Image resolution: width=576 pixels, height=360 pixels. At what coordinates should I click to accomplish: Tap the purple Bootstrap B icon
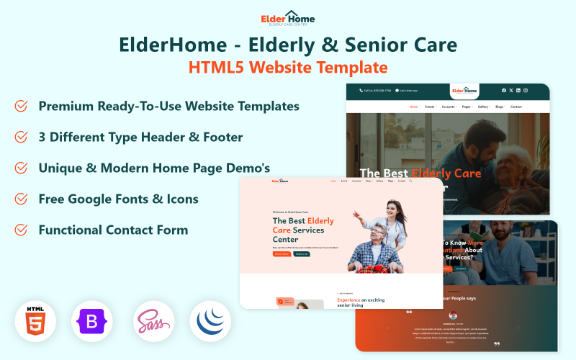[x=91, y=321]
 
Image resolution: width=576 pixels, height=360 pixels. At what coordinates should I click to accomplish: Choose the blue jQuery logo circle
[x=210, y=321]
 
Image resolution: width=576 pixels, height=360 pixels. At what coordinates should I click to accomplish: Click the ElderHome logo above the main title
[x=288, y=17]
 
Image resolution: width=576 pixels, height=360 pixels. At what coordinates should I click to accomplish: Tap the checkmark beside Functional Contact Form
[x=22, y=230]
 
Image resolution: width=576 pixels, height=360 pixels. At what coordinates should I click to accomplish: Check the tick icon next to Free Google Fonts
[x=22, y=199]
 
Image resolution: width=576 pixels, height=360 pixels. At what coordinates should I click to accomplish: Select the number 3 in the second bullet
[x=42, y=137]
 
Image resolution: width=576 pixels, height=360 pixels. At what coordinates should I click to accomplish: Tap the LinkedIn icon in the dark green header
[x=518, y=91]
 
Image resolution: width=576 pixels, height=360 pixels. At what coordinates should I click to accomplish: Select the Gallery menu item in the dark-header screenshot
[x=482, y=107]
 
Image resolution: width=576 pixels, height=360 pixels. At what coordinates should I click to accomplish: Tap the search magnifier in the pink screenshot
[x=410, y=181]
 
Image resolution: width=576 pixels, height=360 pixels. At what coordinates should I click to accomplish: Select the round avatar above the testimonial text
[x=453, y=315]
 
